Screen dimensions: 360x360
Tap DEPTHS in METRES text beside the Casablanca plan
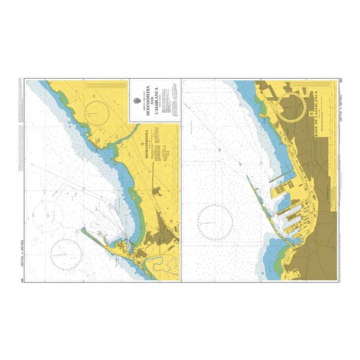pyautogui.click(x=341, y=108)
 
